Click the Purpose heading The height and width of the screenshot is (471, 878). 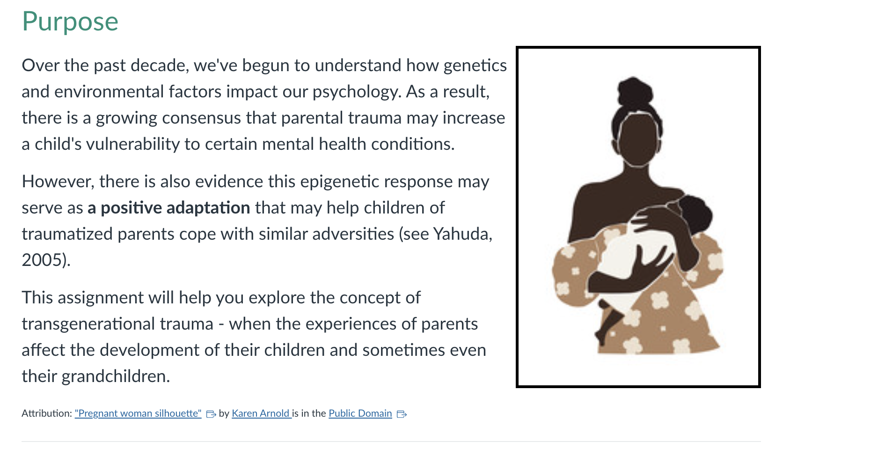tap(70, 22)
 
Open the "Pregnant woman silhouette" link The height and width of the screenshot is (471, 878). tap(138, 413)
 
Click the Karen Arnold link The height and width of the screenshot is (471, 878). tap(261, 413)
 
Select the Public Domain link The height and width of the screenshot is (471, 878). tap(360, 413)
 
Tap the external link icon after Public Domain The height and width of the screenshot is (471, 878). tap(402, 414)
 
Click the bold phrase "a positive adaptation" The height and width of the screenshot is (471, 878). tap(169, 207)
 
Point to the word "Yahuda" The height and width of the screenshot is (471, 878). tap(461, 234)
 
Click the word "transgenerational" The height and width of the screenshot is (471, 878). tap(117, 324)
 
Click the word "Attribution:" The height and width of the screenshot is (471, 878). tap(47, 413)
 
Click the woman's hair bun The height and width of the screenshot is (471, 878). tap(634, 92)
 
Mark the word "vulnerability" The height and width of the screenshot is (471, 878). tap(133, 144)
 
